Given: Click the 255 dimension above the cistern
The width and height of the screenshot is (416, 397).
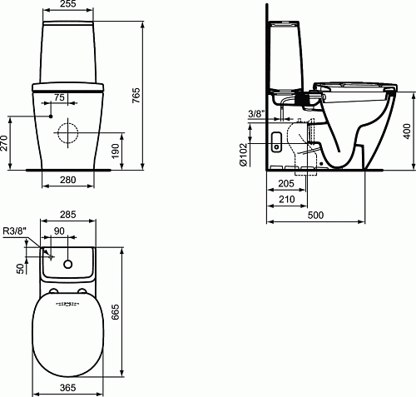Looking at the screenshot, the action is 68,4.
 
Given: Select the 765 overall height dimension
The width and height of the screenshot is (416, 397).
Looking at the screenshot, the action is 136,96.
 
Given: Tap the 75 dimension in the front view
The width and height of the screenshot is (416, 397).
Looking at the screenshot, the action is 59,97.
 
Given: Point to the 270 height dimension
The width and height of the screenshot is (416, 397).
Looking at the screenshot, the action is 4,143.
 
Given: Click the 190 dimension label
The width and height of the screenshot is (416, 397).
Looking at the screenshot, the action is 115,151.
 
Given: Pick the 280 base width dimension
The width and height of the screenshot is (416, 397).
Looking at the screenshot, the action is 68,180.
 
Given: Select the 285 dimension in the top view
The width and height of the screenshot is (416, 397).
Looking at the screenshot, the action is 68,215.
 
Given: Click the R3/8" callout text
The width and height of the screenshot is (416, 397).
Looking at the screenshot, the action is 15,231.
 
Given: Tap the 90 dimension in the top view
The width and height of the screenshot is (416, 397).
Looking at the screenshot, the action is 59,231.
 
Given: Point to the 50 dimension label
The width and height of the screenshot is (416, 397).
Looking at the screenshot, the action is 21,269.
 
